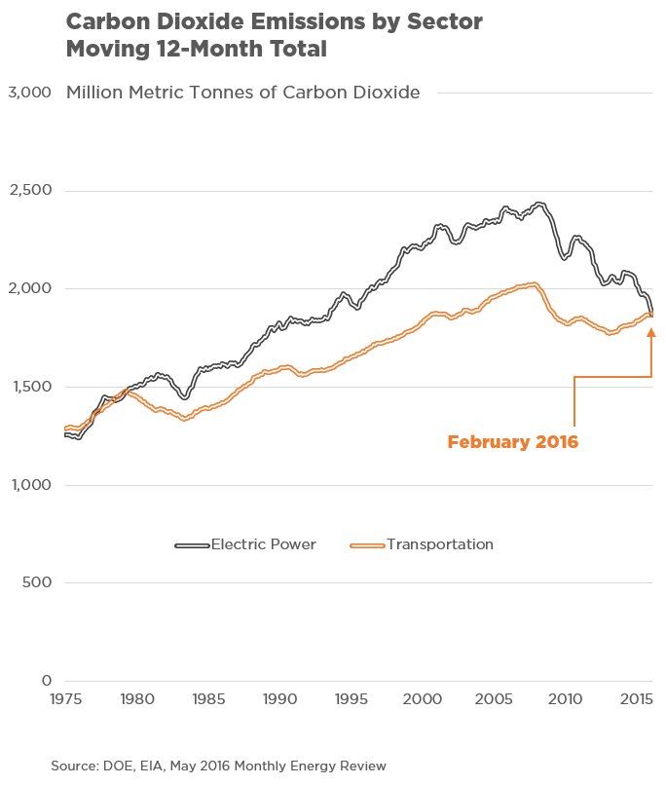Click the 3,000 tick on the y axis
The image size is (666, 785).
[28, 93]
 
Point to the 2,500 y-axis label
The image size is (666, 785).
[28, 191]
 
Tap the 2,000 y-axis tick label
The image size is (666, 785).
[28, 288]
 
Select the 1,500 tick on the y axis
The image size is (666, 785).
[28, 387]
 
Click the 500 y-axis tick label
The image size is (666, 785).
[35, 582]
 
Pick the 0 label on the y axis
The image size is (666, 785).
[45, 681]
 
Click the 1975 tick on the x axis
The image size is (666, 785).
[65, 699]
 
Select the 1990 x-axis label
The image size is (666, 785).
[279, 699]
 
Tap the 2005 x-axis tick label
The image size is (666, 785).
[494, 699]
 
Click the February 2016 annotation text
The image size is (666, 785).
[512, 442]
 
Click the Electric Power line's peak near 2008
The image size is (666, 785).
[539, 204]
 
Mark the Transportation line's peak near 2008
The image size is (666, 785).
[533, 283]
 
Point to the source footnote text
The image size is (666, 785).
[218, 766]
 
